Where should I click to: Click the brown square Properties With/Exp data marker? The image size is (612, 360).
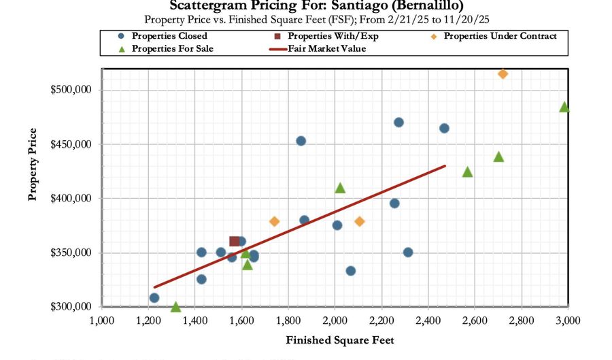tap(235, 242)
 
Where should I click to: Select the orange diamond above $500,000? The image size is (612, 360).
tap(503, 73)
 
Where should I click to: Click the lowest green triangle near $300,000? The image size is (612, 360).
tap(176, 307)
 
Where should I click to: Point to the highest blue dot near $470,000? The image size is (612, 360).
tap(398, 122)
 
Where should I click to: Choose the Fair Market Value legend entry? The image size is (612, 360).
tap(326, 48)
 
